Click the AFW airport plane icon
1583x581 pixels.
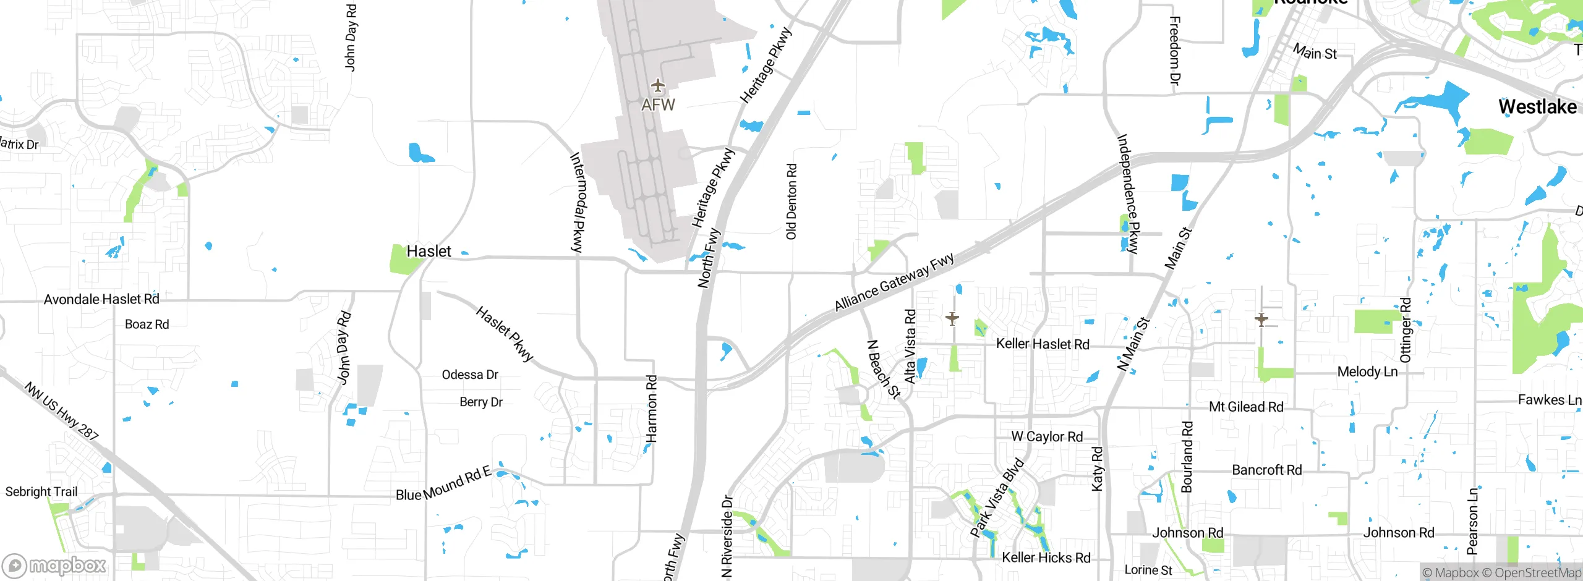657,85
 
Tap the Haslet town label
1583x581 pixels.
429,252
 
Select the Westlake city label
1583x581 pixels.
1537,107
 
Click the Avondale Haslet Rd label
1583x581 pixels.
101,300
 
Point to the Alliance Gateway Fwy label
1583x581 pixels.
894,282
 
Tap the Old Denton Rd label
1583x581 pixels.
791,201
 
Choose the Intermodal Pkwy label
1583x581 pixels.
577,202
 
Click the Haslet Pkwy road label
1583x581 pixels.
504,333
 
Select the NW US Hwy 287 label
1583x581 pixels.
61,411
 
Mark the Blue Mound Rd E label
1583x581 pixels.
443,484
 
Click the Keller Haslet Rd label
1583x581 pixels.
1043,344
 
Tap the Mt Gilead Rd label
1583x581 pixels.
1246,407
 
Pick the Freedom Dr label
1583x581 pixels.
1175,51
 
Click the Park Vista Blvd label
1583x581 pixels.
997,498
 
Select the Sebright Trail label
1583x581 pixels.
41,492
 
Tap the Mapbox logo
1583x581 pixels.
54,566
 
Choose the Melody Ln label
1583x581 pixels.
1367,372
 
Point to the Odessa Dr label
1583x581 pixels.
470,375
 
